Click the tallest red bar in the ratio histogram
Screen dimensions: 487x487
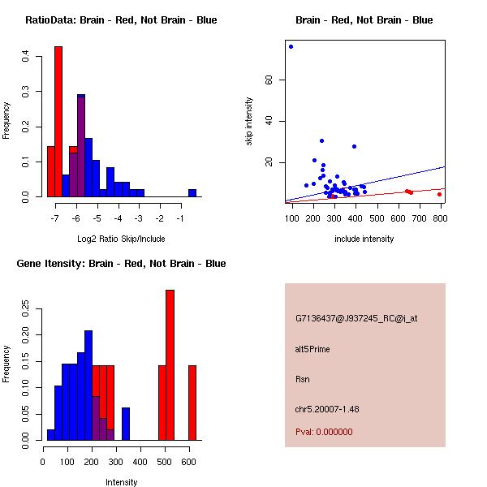(58, 122)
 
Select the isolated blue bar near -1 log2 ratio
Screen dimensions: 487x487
(192, 193)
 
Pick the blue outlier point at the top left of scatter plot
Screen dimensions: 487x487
(291, 46)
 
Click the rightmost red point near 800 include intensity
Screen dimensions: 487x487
(440, 194)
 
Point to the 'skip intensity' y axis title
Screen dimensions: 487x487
(249, 122)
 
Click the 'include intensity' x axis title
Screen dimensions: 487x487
(364, 239)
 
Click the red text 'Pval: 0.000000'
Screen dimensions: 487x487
(324, 432)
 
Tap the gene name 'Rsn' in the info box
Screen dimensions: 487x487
(303, 379)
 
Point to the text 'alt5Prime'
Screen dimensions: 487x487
(312, 349)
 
